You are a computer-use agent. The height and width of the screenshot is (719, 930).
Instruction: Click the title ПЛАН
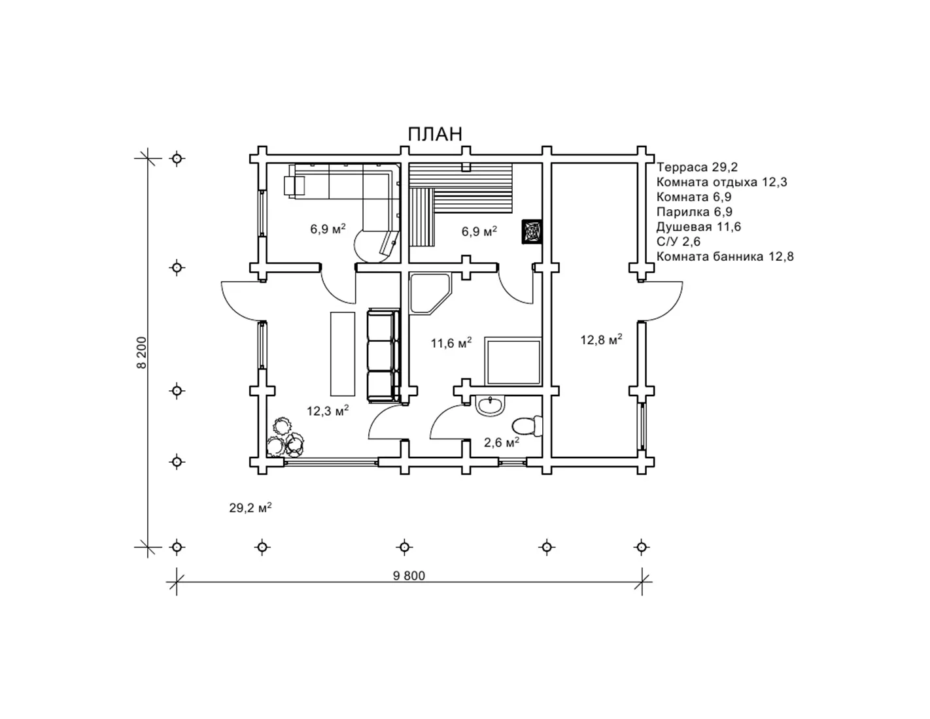pyautogui.click(x=435, y=134)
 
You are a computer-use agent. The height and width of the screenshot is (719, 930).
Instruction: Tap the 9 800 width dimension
pyautogui.click(x=409, y=576)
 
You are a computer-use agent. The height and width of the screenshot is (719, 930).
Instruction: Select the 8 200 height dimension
pyautogui.click(x=142, y=352)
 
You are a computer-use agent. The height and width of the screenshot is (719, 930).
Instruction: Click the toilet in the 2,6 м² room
pyautogui.click(x=527, y=426)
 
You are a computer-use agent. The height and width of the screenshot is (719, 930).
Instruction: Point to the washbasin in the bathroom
pyautogui.click(x=490, y=405)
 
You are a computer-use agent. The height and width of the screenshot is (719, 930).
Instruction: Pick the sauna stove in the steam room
pyautogui.click(x=532, y=232)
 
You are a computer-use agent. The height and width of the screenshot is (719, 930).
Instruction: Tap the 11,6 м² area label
pyautogui.click(x=451, y=343)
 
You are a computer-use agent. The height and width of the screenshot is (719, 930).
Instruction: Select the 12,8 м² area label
pyautogui.click(x=601, y=340)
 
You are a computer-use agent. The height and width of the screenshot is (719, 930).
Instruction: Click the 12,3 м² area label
pyautogui.click(x=328, y=410)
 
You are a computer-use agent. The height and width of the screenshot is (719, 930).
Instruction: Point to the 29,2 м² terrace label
pyautogui.click(x=250, y=508)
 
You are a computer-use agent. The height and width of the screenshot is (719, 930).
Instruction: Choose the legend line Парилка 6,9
pyautogui.click(x=694, y=212)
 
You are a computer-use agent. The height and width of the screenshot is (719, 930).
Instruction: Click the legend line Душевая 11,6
pyautogui.click(x=698, y=227)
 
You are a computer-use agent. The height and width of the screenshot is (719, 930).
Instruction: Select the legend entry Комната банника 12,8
pyautogui.click(x=725, y=256)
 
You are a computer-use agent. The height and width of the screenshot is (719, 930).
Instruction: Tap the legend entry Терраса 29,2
pyautogui.click(x=697, y=167)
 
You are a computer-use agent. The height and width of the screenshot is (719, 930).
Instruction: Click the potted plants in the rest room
pyautogui.click(x=285, y=438)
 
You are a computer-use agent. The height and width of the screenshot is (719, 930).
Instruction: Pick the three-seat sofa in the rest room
pyautogui.click(x=383, y=356)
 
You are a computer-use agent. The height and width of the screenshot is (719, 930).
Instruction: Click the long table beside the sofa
pyautogui.click(x=343, y=354)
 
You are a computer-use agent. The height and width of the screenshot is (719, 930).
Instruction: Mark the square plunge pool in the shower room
pyautogui.click(x=513, y=361)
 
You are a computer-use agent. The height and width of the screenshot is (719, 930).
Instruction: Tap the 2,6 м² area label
pyautogui.click(x=502, y=443)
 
